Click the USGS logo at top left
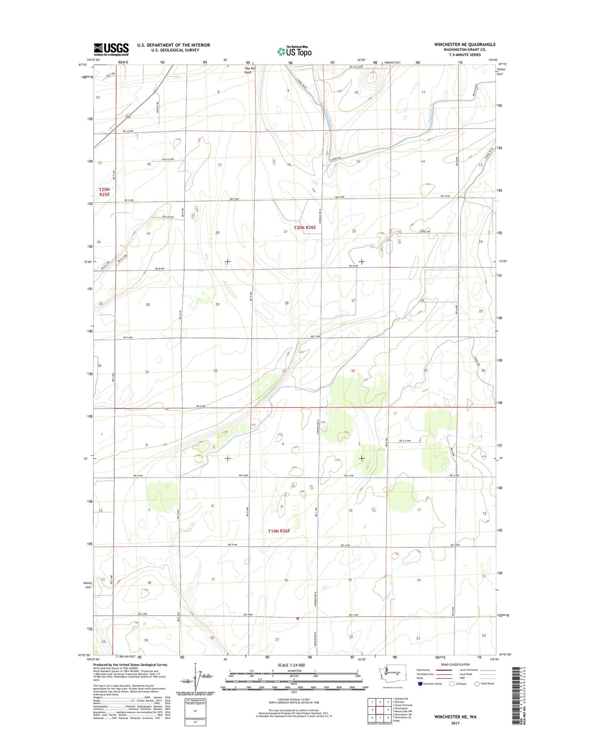coord(111,49)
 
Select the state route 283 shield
coord(128,117)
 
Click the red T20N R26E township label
coord(304,228)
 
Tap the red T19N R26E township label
coord(279,531)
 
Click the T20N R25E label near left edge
coord(104,192)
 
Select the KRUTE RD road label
coord(157,108)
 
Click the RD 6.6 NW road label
coord(168,159)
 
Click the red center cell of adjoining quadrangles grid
coord(380,710)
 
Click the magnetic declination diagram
coord(194,685)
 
